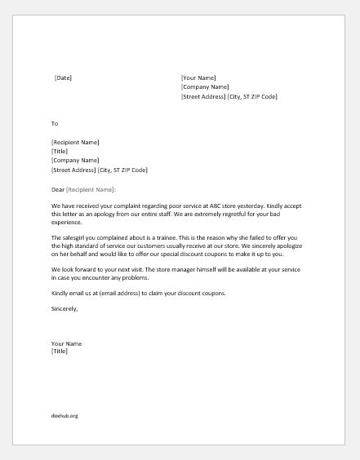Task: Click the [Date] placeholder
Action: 63,77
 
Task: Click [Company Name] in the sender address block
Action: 205,86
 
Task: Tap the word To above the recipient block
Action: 55,124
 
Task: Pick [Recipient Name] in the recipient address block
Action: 76,141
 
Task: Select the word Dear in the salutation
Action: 59,189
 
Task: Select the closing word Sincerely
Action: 64,308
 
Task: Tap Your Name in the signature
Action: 67,343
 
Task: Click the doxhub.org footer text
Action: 64,415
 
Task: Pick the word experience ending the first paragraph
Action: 67,222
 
